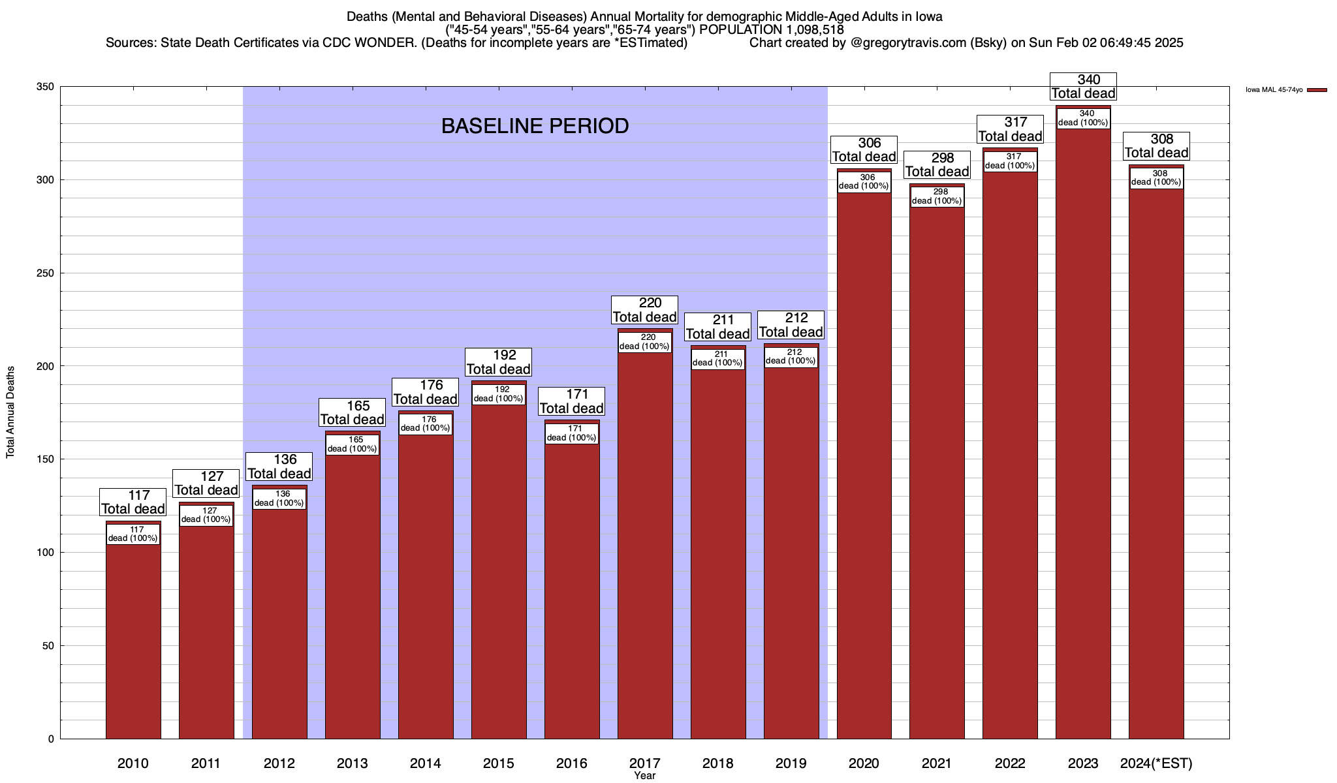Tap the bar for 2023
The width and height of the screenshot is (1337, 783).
click(1083, 431)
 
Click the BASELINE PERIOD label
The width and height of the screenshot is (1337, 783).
click(535, 126)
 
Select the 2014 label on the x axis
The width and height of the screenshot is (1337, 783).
click(426, 763)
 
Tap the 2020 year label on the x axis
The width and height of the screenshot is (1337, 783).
click(864, 763)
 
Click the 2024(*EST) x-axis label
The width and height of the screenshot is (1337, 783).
click(1156, 763)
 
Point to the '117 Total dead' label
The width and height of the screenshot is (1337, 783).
click(133, 502)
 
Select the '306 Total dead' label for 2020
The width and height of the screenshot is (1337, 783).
click(864, 150)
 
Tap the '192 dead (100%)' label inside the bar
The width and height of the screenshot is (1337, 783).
click(499, 394)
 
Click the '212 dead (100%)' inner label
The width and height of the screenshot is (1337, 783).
click(791, 356)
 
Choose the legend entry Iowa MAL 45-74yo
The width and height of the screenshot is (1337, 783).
click(1280, 89)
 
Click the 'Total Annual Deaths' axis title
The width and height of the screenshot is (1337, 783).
click(10, 412)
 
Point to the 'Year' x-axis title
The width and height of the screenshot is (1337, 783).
click(644, 776)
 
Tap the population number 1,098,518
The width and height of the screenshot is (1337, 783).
click(808, 29)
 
